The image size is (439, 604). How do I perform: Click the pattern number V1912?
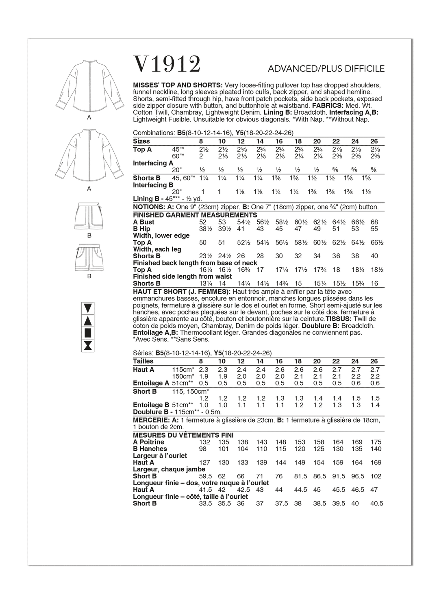pyautogui.click(x=167, y=64)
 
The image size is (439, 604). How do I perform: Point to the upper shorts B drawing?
pyautogui.click(x=89, y=216)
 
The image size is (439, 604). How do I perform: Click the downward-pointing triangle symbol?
pyautogui.click(x=88, y=307)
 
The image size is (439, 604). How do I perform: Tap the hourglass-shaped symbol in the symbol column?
pyautogui.click(x=88, y=346)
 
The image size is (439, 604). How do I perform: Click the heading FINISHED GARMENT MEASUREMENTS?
pyautogui.click(x=195, y=215)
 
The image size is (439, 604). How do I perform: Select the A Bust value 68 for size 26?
pyautogui.click(x=374, y=222)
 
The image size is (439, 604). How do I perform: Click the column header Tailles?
pyautogui.click(x=143, y=361)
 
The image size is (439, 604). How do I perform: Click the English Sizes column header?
pyautogui.click(x=141, y=141)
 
